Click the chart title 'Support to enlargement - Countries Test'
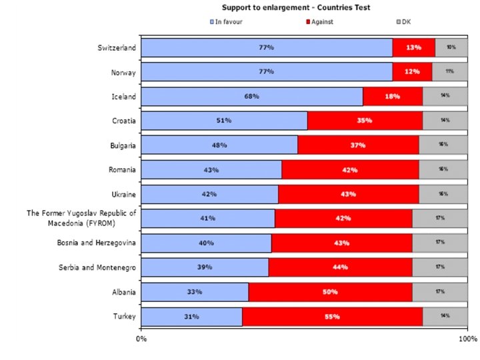coord(288,8)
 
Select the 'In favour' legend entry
coord(228,22)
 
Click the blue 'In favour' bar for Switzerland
coord(267,48)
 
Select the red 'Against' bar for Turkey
coord(332,317)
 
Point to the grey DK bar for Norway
coord(450,72)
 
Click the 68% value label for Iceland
coord(251,97)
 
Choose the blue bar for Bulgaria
coord(219,145)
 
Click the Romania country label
coord(122,170)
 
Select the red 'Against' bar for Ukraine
coord(348,194)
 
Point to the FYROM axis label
coord(81,218)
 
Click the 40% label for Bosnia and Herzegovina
coord(206,243)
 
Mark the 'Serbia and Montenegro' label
coord(97,267)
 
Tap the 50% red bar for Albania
coord(330,292)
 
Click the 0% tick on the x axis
coord(141,339)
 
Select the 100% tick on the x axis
coord(467,339)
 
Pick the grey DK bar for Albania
coord(440,292)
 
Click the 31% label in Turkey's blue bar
coord(191,317)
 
